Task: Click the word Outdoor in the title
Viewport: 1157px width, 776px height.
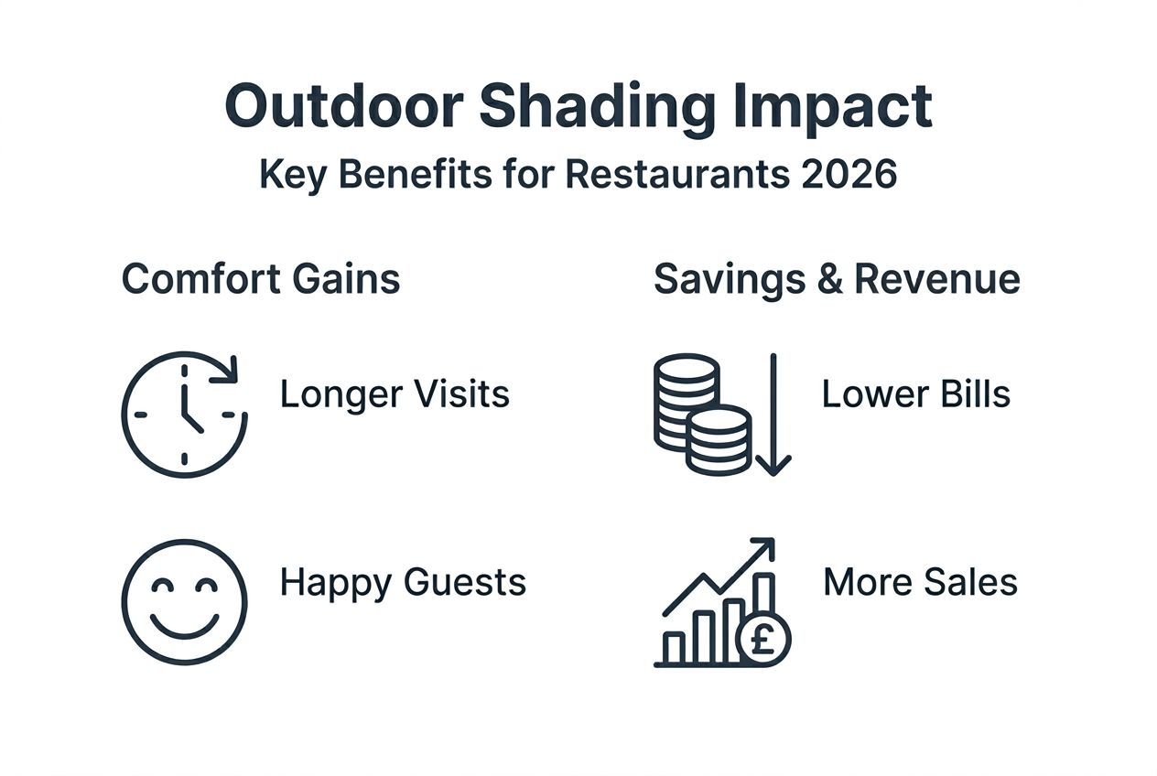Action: (342, 107)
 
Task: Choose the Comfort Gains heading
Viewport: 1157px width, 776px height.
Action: (261, 279)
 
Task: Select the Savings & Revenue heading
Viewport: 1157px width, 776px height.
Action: (837, 279)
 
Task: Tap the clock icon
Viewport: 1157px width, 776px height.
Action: (184, 415)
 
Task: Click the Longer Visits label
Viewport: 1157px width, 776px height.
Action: (395, 394)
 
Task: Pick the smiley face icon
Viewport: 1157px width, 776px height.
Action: (184, 601)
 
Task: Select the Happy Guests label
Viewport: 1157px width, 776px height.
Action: (403, 582)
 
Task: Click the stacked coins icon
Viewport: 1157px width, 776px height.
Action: (701, 415)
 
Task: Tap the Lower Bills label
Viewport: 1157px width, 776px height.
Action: (915, 394)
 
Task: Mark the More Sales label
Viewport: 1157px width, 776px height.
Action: (920, 582)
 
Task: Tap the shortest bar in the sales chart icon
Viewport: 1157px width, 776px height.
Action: (675, 647)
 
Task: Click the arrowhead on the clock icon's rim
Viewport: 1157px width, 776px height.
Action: (228, 370)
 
